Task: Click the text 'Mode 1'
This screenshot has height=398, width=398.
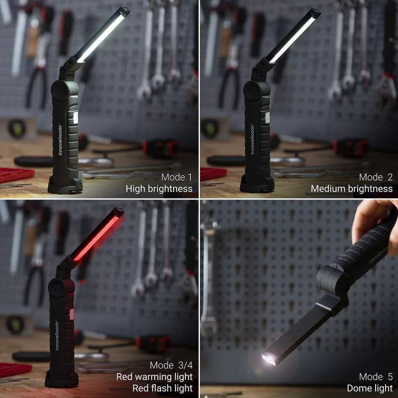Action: click(177, 177)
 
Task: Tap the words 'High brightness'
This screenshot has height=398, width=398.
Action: click(159, 189)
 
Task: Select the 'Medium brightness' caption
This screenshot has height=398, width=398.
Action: click(351, 189)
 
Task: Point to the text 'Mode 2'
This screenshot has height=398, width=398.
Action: click(376, 177)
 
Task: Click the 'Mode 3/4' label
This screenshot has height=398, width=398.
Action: click(171, 366)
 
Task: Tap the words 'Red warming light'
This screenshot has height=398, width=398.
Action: click(154, 377)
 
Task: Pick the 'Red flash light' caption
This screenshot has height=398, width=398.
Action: click(162, 388)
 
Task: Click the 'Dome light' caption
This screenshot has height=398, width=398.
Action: click(370, 388)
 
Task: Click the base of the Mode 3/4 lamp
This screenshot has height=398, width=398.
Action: click(62, 380)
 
